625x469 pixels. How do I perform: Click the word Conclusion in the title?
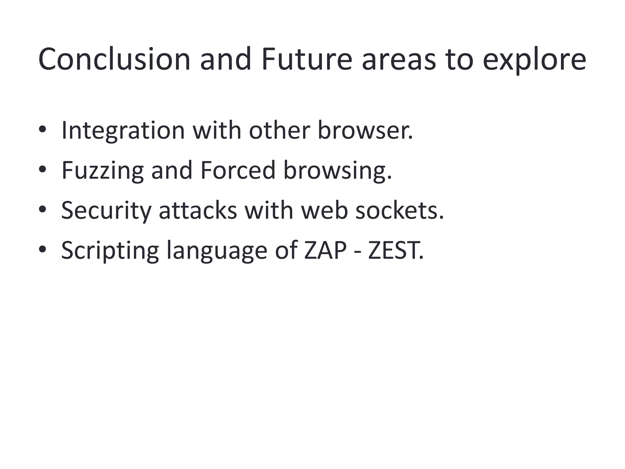[114, 60]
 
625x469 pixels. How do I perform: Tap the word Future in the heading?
[306, 60]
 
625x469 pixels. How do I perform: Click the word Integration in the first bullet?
[123, 131]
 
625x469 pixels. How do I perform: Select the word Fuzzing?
[103, 171]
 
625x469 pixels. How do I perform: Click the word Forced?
[238, 170]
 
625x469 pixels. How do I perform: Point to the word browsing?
[337, 171]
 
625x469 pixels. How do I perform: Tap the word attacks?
[198, 210]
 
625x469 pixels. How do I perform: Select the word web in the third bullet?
[324, 210]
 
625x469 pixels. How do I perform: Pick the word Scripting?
[110, 251]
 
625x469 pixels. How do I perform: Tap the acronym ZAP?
[325, 250]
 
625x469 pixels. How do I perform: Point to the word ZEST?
[396, 250]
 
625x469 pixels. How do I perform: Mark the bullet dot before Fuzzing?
[42, 169]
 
